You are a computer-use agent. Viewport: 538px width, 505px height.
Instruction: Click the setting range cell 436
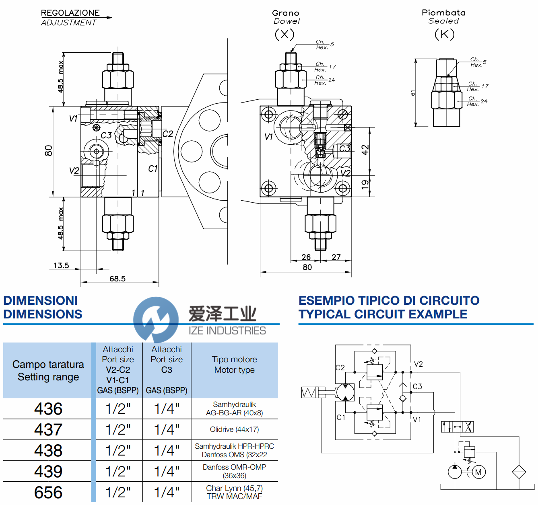pyautogui.click(x=48, y=409)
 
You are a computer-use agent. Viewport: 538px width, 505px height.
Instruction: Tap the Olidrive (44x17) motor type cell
pyautogui.click(x=234, y=429)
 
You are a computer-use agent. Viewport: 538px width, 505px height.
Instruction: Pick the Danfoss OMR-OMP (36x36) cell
pyautogui.click(x=234, y=471)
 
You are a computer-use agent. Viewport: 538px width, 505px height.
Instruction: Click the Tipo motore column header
pyautogui.click(x=234, y=365)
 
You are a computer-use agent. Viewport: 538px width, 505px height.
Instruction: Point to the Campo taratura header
pyautogui.click(x=48, y=370)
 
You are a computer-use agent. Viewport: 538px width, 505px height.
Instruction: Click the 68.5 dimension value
pyautogui.click(x=117, y=279)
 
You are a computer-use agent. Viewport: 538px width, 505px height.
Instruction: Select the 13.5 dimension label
pyautogui.click(x=61, y=265)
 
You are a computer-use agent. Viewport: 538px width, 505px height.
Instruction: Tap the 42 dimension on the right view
pyautogui.click(x=365, y=150)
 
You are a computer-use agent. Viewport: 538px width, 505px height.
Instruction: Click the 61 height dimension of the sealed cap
pyautogui.click(x=413, y=93)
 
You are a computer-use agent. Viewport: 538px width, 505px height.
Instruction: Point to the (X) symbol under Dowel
pyautogui.click(x=284, y=34)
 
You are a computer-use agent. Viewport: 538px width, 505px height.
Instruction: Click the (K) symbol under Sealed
pyautogui.click(x=445, y=34)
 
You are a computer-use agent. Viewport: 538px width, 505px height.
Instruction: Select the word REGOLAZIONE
pyautogui.click(x=70, y=13)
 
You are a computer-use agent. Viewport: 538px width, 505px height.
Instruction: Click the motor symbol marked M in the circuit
pyautogui.click(x=478, y=472)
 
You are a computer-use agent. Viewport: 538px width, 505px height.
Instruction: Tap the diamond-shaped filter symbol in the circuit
pyautogui.click(x=519, y=472)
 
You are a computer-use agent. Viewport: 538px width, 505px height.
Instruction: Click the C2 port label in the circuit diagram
pyautogui.click(x=340, y=367)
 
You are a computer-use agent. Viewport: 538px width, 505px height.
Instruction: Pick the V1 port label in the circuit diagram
pyautogui.click(x=417, y=420)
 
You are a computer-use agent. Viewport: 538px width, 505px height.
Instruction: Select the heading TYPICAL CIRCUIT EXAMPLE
pyautogui.click(x=383, y=314)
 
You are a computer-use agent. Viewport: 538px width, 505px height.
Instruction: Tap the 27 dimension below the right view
pyautogui.click(x=336, y=257)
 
